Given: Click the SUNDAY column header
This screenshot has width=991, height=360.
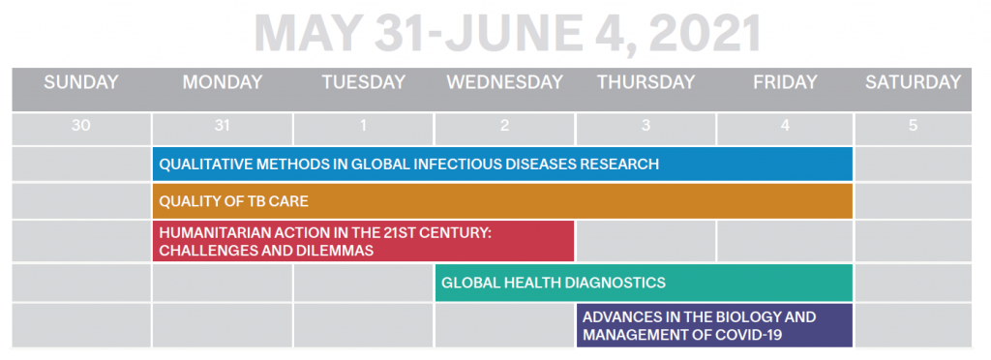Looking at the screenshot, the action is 81,82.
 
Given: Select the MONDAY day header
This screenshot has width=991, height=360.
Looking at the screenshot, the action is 223,82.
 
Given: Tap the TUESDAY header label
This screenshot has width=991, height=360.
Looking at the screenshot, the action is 364,82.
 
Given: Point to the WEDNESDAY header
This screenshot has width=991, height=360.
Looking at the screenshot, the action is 504,82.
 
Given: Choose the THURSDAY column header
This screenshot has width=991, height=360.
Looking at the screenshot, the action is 646,82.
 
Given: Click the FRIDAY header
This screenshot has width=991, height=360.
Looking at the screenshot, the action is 785,82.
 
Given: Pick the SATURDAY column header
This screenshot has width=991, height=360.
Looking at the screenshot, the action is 914,82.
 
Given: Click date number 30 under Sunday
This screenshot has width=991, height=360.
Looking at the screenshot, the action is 81,126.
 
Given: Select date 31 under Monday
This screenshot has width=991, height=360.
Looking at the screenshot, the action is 222,126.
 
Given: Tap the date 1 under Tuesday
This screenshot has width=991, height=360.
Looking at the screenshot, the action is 364,126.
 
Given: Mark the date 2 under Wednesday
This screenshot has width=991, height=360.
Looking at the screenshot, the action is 504,126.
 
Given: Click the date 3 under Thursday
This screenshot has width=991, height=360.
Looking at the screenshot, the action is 646,126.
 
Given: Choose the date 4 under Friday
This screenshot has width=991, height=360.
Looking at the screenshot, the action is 785,126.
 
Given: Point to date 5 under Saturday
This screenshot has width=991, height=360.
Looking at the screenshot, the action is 914,126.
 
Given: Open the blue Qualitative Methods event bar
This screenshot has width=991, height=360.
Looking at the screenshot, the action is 502,165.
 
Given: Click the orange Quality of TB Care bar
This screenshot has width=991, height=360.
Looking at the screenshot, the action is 502,201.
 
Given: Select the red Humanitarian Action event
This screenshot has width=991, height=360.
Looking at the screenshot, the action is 364,241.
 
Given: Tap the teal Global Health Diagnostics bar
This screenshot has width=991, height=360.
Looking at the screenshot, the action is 644,283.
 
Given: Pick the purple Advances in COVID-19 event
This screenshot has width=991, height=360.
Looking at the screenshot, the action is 715,325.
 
